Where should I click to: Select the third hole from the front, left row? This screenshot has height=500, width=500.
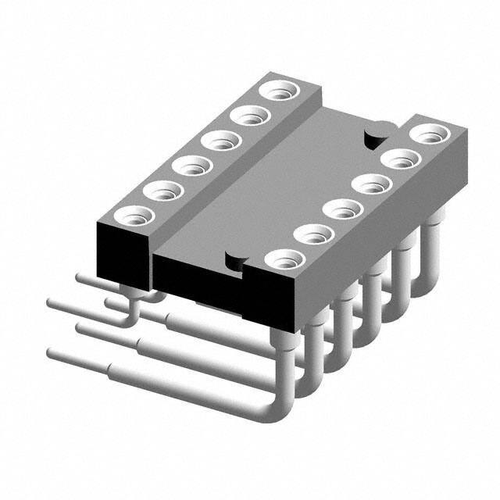coord(192,165)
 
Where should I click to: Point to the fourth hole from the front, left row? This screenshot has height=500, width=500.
coord(221,141)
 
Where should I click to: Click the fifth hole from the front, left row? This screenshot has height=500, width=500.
coord(250,116)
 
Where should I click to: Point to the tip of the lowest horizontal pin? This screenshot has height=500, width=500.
coord(52,353)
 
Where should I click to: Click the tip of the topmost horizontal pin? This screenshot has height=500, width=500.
coord(80,275)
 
